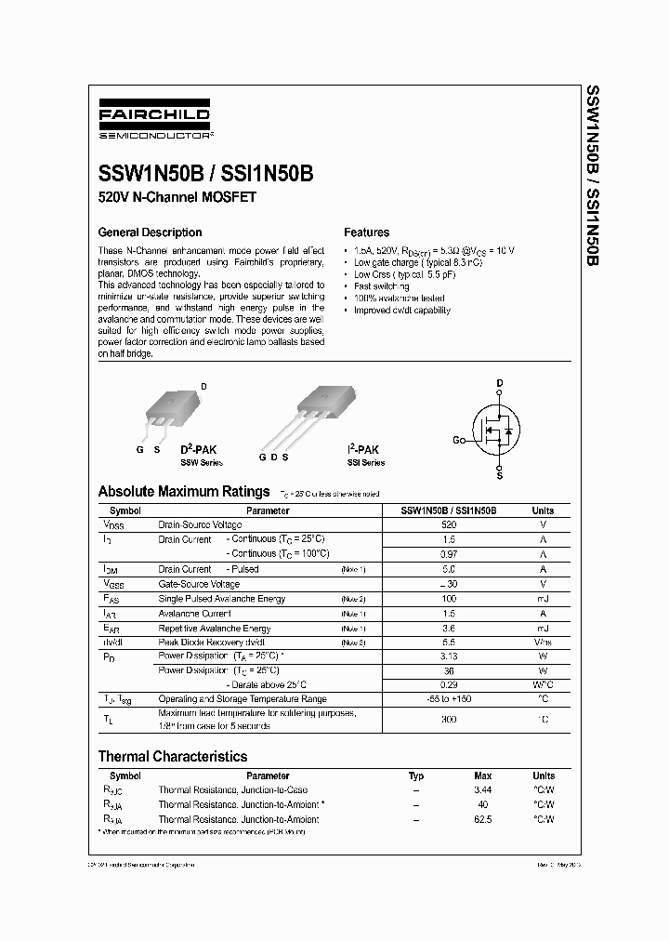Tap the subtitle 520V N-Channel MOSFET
[x=177, y=198]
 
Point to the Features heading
[x=367, y=232]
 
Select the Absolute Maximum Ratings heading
[x=184, y=492]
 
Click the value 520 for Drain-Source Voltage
[x=450, y=525]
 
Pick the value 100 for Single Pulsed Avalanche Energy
[x=450, y=599]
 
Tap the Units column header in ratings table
[x=543, y=510]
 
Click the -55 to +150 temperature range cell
[x=450, y=698]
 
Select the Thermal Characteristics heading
[x=173, y=757]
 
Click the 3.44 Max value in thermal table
[x=483, y=790]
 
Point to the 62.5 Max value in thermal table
[x=483, y=820]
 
